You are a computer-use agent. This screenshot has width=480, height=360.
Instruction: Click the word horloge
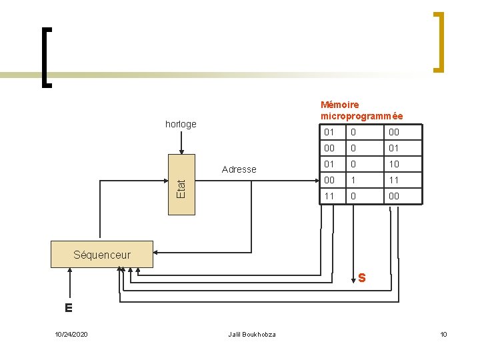click(181, 124)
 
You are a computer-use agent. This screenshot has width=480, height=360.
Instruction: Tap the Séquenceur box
click(102, 255)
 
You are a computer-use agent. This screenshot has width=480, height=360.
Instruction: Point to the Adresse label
click(239, 169)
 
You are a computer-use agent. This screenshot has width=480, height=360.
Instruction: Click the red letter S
click(361, 277)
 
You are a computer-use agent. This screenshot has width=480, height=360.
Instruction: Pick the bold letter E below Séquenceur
click(68, 308)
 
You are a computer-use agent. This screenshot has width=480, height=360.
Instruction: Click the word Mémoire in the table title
click(340, 105)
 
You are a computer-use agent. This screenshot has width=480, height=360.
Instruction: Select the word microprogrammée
click(361, 116)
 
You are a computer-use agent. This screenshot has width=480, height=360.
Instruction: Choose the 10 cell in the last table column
click(394, 164)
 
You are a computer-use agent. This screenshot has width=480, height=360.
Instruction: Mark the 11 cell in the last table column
click(394, 180)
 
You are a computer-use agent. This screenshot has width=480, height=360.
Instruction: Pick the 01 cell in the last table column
click(394, 148)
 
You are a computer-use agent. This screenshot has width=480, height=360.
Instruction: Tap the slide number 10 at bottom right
click(443, 334)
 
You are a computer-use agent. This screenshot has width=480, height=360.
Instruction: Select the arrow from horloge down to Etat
click(181, 141)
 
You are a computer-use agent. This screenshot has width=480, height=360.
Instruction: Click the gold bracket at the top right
click(438, 41)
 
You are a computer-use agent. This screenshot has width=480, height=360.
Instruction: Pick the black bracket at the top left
click(46, 57)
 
